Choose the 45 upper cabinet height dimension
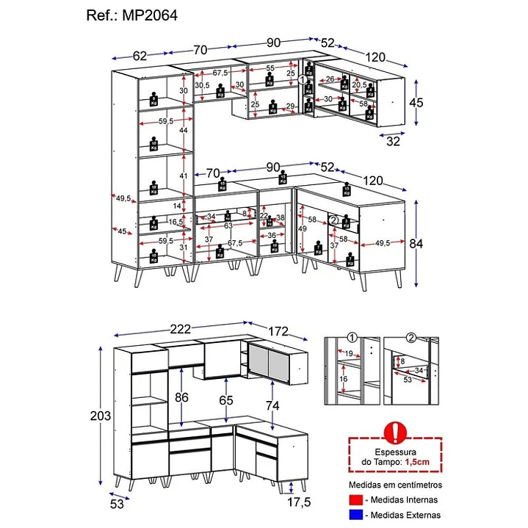416,102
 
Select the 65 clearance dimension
226,401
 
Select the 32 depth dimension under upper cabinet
393,141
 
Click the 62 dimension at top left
140,54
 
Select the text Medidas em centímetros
394,485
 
